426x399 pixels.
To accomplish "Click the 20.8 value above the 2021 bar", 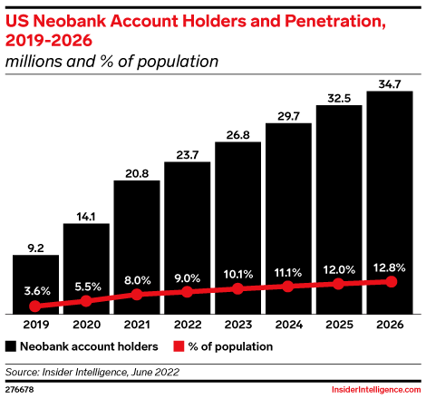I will (x=137, y=171).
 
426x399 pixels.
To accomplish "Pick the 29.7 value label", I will (x=289, y=113).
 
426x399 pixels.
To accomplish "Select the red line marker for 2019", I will (x=35, y=307).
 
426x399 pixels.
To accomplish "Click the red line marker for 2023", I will (x=238, y=289).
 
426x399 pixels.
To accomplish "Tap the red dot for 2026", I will (x=391, y=281).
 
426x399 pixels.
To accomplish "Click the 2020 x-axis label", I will (x=86, y=325).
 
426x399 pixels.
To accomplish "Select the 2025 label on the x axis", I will (x=340, y=325).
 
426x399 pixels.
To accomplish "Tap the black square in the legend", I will (x=11, y=345).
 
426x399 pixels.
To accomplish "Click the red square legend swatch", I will (x=178, y=345).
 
